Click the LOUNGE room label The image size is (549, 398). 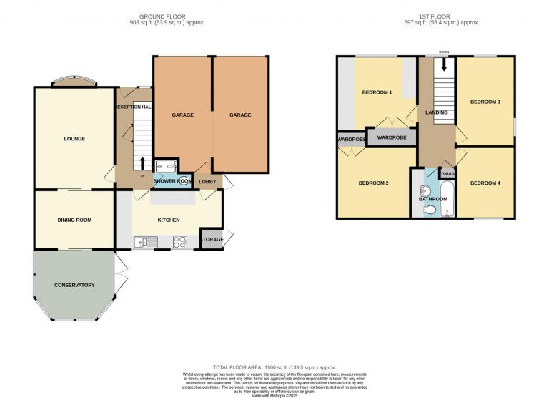point(74,138)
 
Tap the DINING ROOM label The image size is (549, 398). point(74,220)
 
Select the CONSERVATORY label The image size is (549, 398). point(74,285)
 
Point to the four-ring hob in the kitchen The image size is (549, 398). point(179,242)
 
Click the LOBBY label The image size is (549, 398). point(208,182)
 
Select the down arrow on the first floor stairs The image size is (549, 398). point(445,64)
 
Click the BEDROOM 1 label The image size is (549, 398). point(377,93)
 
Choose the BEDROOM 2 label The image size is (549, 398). point(373,183)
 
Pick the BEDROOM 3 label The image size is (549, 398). point(485,102)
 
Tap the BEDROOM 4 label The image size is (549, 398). point(485,183)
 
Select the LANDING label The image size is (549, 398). point(436,112)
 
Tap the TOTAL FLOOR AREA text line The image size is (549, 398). point(274,367)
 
